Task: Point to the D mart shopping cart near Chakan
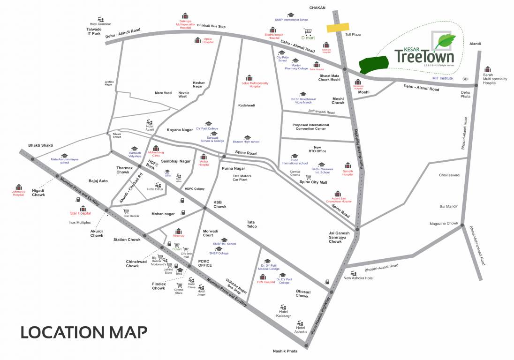point(308,32)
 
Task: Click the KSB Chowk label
point(220,204)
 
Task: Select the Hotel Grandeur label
point(100,23)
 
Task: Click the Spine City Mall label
point(313,182)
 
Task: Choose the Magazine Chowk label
point(443,223)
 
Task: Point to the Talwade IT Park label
point(93,31)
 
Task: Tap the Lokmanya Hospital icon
point(18,187)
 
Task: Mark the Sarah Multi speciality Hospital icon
point(488,69)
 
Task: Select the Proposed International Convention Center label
point(310,127)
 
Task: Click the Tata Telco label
point(251,224)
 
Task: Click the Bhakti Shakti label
point(40,145)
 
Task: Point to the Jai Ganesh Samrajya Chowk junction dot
point(357,229)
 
